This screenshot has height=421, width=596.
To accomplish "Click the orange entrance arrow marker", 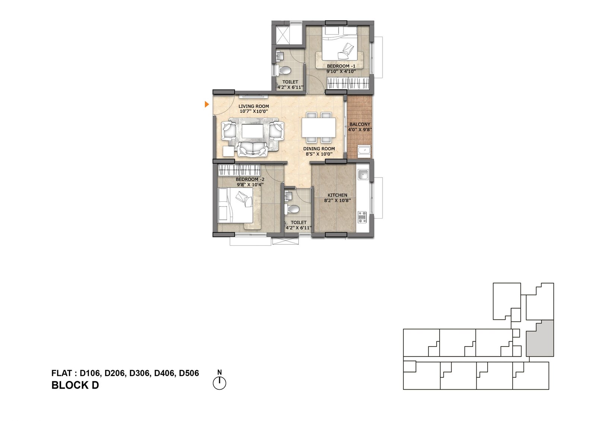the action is (206, 105).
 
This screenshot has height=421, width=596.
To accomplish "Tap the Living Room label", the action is (254, 106).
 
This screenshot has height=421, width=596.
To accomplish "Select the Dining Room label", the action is (319, 149).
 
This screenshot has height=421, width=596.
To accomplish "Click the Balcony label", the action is (360, 124).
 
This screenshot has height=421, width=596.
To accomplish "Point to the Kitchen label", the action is (337, 195).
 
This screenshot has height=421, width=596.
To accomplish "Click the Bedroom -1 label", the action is (341, 66).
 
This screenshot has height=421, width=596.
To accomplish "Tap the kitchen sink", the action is (363, 175).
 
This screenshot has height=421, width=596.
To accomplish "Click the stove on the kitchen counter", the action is (362, 217).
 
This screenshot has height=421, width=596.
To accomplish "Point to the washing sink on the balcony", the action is (364, 150).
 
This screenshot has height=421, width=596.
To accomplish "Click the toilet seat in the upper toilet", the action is (283, 70).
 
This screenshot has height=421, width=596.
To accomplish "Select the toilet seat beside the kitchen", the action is (292, 210).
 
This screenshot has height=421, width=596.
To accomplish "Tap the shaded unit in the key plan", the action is (540, 338).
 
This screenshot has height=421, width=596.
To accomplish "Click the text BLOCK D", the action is (75, 385).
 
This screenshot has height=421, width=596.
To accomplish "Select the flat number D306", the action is (139, 373).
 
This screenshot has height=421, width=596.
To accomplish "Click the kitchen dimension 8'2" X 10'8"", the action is (337, 201).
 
